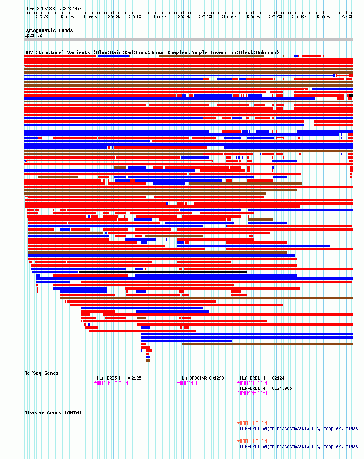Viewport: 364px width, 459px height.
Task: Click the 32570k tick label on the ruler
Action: click(x=43, y=17)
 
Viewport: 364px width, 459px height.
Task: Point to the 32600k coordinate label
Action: click(x=113, y=17)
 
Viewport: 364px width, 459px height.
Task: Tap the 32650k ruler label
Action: click(x=229, y=17)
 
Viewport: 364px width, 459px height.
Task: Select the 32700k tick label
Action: click(x=346, y=17)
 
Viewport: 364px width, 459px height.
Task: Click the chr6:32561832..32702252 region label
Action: click(x=53, y=9)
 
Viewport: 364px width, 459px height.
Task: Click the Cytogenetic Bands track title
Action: click(x=48, y=30)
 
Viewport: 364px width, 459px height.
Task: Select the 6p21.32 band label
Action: click(x=33, y=36)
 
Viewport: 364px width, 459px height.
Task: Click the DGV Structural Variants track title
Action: click(x=151, y=52)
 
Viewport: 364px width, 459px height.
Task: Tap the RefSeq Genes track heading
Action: click(x=41, y=373)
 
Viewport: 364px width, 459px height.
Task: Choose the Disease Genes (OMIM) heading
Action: click(x=53, y=413)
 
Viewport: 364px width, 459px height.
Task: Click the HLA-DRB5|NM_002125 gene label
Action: click(x=119, y=378)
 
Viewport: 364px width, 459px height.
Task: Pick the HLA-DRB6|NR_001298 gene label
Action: click(x=202, y=378)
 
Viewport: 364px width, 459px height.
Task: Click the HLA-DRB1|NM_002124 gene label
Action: click(x=262, y=378)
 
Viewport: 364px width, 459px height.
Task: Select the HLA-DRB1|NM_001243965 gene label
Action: click(x=266, y=388)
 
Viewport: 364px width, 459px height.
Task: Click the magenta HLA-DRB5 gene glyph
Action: click(x=111, y=383)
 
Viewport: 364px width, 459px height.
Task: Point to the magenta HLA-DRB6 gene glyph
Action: click(x=187, y=383)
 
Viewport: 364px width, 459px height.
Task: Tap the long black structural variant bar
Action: click(x=162, y=272)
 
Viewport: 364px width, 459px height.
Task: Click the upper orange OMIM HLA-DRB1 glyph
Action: click(x=252, y=422)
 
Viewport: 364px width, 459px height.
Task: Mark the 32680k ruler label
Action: click(x=299, y=17)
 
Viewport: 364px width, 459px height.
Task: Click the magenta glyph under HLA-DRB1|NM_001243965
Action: click(x=252, y=393)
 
